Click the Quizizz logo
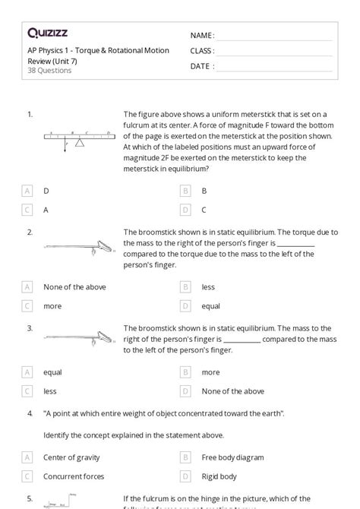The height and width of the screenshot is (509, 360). click(47, 33)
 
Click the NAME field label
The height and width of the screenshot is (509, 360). click(202, 36)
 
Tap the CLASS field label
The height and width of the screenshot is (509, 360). click(203, 51)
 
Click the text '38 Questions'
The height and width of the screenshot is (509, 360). click(49, 71)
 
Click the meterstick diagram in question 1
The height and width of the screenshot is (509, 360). click(79, 139)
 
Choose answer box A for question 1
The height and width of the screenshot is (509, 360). click(28, 191)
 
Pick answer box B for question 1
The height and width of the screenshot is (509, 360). click(185, 191)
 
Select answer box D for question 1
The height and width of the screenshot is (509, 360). click(185, 210)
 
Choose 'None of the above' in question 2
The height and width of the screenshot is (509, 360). click(28, 287)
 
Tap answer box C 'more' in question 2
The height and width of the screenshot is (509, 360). click(28, 306)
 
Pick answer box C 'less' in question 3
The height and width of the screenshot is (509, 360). click(28, 391)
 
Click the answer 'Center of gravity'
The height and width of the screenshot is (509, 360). click(71, 457)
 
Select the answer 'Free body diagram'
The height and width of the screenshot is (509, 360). click(232, 457)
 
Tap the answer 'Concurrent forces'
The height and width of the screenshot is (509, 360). click(73, 476)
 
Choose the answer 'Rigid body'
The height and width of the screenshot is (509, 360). click(219, 476)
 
